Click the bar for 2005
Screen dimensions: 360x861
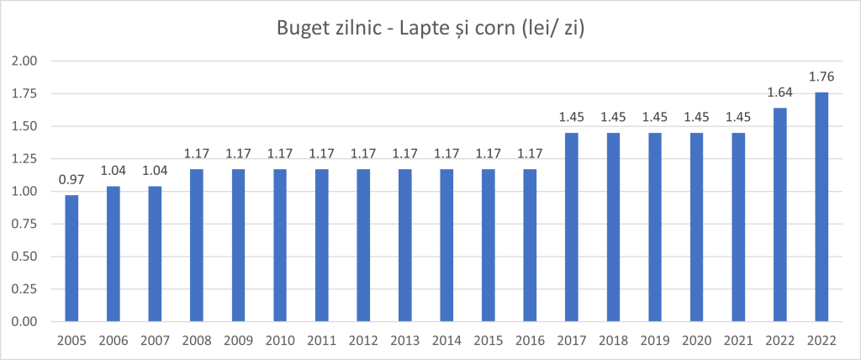pos(71,258)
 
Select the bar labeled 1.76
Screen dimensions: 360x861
pos(821,207)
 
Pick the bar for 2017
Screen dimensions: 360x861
pos(572,227)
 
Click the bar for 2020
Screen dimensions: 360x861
pos(697,227)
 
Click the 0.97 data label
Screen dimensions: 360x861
pos(71,179)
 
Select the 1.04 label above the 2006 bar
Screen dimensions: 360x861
pos(114,170)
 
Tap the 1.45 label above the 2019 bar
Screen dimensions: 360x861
pos(655,117)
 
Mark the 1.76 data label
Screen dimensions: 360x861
pos(821,77)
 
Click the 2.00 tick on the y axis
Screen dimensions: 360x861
pos(25,61)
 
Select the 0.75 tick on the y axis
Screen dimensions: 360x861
pos(25,224)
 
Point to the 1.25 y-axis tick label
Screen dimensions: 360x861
pos(25,159)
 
